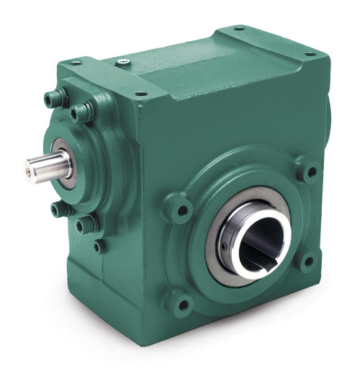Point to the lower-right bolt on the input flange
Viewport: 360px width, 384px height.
pos(86,224)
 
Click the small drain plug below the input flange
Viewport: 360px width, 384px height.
pos(99,246)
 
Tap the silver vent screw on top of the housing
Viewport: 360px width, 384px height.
pos(122,63)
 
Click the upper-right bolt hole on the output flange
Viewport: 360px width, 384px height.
pos(310,172)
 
